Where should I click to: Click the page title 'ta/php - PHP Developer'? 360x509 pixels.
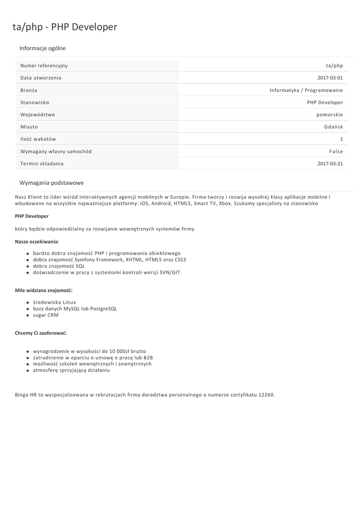[x=65, y=27]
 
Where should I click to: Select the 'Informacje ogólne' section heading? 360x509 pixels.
[x=42, y=48]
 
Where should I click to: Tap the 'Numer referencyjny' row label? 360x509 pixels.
[x=44, y=66]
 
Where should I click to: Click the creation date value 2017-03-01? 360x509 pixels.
[x=330, y=78]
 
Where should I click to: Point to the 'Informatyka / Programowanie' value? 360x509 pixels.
[x=306, y=90]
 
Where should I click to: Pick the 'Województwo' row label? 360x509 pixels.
[x=38, y=114]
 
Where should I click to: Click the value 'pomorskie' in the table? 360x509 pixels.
[x=330, y=114]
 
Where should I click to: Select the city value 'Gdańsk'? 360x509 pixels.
[x=334, y=127]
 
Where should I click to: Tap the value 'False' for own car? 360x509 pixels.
[x=336, y=151]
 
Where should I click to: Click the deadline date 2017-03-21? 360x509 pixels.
[x=330, y=164]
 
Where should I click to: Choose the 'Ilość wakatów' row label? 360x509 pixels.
[x=38, y=139]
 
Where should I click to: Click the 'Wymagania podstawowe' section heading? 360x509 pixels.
[x=52, y=183]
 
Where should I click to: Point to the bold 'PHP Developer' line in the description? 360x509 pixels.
[x=32, y=216]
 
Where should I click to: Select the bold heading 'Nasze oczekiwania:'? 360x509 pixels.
[x=37, y=241]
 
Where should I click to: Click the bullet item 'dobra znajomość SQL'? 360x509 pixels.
[x=59, y=266]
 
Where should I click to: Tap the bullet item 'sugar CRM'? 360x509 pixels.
[x=46, y=315]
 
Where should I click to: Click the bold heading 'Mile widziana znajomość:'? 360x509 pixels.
[x=44, y=290]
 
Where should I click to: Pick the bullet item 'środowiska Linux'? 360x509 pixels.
[x=54, y=302]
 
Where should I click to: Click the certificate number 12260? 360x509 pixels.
[x=267, y=395]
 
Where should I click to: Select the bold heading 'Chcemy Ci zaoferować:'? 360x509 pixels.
[x=41, y=333]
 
